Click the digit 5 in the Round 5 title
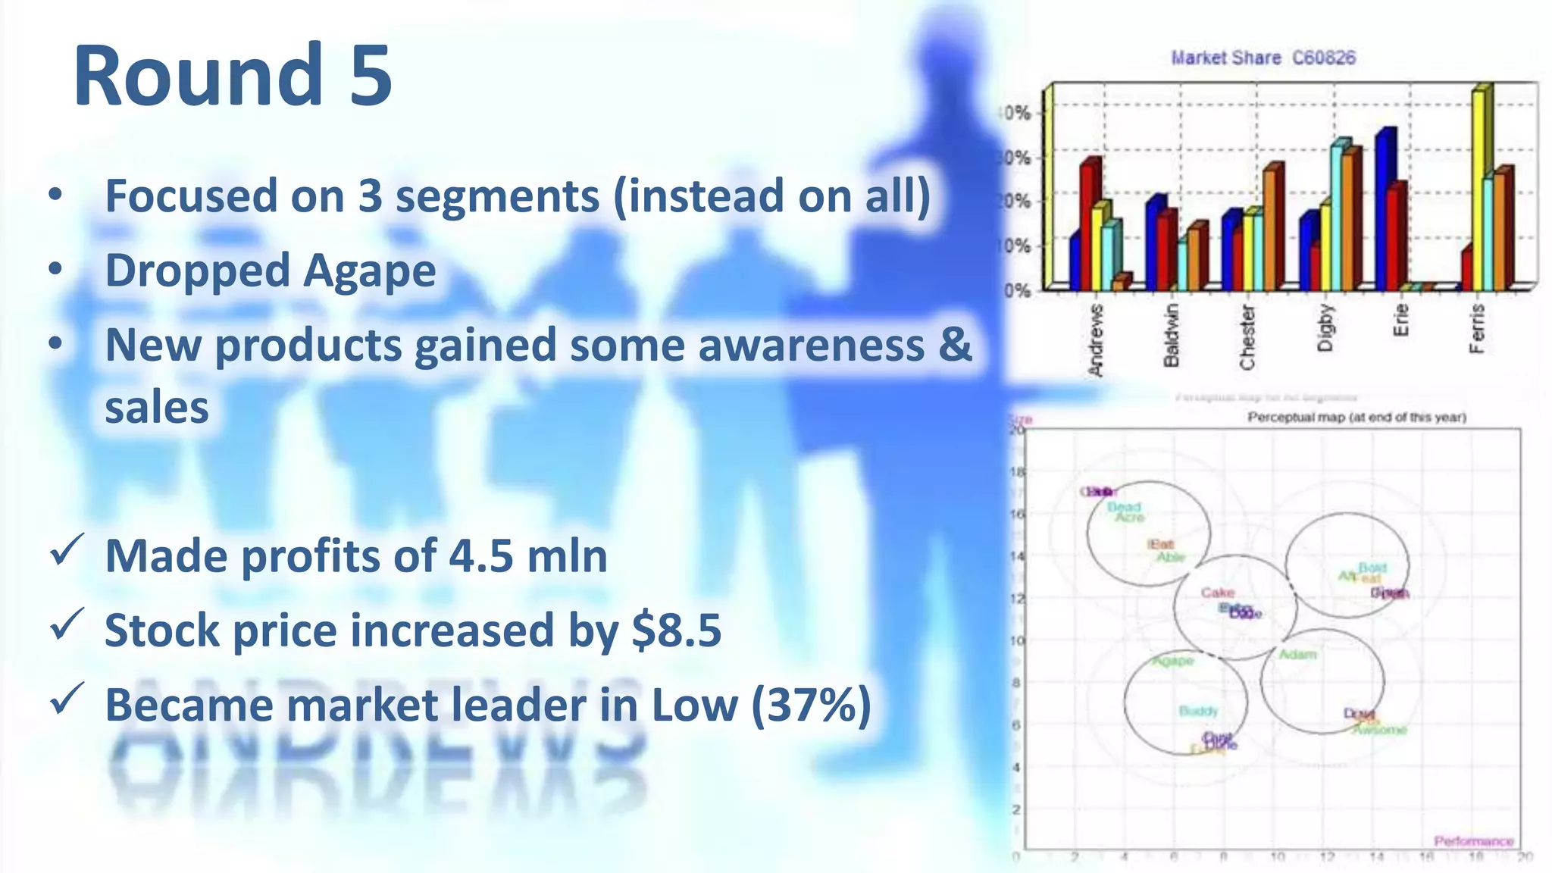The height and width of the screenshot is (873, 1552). (x=371, y=76)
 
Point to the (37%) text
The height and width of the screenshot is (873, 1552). (x=811, y=705)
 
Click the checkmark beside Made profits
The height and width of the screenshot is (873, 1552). (x=67, y=550)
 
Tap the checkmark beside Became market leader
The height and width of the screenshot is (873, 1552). (x=67, y=699)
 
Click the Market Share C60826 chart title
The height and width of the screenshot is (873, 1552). (x=1263, y=58)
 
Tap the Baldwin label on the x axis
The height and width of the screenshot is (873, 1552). (x=1172, y=335)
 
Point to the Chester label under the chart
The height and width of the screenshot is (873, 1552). (x=1247, y=336)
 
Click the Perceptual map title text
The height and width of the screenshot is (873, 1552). (x=1356, y=417)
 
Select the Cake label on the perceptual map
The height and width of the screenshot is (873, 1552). (x=1218, y=592)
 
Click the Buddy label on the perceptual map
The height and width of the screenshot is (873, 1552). (x=1198, y=711)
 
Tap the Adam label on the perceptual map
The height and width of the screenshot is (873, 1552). (x=1297, y=654)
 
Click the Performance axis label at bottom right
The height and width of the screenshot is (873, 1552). (x=1473, y=841)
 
